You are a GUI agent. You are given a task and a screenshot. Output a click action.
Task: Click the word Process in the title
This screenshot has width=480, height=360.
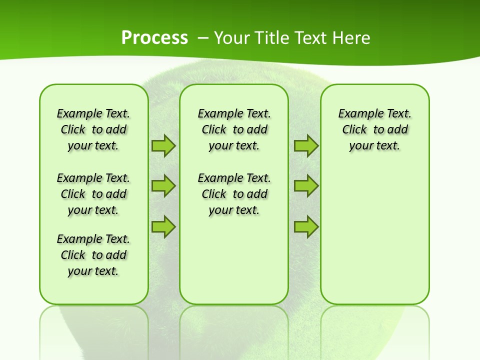click(x=154, y=37)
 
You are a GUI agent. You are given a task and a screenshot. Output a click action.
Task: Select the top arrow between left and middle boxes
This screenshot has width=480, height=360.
click(x=163, y=146)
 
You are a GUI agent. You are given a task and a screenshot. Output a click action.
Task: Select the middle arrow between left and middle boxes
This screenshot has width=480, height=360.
click(x=163, y=186)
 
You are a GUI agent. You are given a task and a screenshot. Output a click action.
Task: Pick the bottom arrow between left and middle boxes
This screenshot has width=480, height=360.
click(x=163, y=226)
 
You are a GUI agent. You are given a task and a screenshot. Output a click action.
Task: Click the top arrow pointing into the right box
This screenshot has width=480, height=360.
click(x=306, y=146)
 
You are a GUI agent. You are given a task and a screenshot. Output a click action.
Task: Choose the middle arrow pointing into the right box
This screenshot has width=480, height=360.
click(x=306, y=186)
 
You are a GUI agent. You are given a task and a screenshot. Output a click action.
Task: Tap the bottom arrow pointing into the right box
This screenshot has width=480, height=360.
click(x=306, y=226)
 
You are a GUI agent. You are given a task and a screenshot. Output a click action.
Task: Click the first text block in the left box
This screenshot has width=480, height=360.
click(x=93, y=129)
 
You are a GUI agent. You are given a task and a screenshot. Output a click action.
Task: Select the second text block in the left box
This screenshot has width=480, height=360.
click(x=93, y=194)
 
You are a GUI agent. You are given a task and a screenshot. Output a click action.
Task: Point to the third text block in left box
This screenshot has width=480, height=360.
click(x=93, y=255)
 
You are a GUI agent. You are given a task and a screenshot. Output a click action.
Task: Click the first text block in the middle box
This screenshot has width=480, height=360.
click(x=234, y=129)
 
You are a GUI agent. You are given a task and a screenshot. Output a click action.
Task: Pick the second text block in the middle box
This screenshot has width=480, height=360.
click(x=234, y=194)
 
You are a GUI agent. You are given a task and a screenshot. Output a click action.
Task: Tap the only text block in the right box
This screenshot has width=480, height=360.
click(x=374, y=129)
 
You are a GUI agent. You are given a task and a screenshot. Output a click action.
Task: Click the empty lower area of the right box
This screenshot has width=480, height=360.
click(x=374, y=240)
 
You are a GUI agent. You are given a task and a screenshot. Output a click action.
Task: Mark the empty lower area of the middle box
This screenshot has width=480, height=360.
click(x=234, y=260)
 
